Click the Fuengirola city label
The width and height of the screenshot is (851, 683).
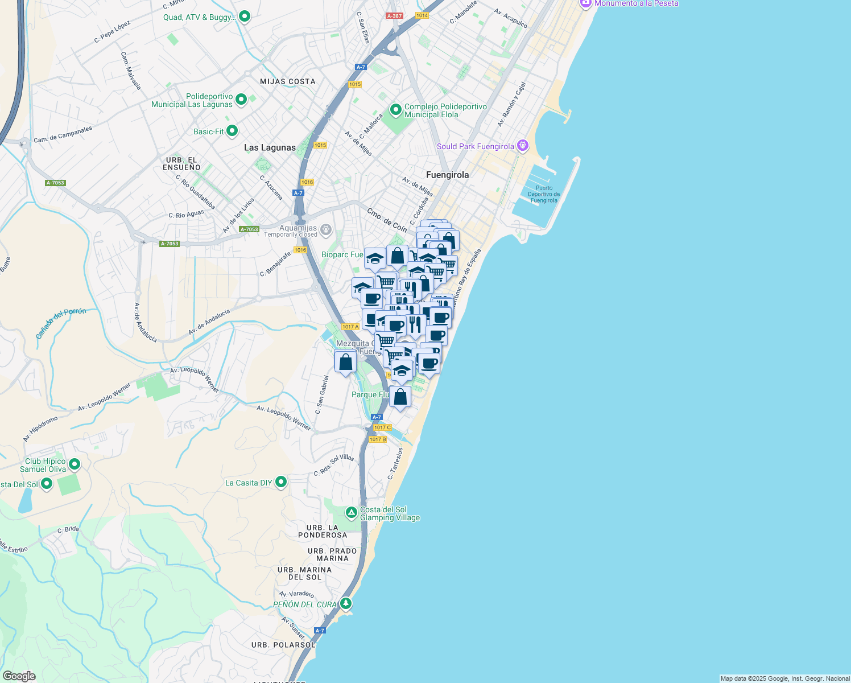(x=448, y=175)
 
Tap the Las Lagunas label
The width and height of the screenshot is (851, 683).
(x=270, y=147)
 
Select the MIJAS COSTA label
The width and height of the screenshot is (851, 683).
(x=287, y=81)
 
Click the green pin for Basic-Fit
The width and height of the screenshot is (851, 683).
(x=232, y=131)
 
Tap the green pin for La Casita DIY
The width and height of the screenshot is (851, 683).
(x=281, y=483)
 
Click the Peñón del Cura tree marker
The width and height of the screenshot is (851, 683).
(x=346, y=603)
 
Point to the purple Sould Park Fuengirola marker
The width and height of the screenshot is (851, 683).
(x=523, y=146)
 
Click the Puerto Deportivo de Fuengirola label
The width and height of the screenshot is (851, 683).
(x=544, y=194)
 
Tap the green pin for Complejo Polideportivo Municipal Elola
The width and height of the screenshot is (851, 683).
(x=395, y=109)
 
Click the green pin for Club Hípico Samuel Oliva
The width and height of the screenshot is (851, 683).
(x=75, y=464)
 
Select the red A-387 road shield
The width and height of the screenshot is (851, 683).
(x=394, y=16)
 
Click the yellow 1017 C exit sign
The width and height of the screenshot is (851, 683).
(x=382, y=427)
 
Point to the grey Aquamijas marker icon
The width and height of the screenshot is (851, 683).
(x=326, y=230)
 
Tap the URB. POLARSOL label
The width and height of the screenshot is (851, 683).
(x=283, y=645)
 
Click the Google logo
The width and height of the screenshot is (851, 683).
(x=19, y=676)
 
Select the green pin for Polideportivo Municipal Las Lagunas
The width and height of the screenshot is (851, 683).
(x=241, y=100)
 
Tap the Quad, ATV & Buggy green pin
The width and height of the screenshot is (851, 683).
(x=245, y=17)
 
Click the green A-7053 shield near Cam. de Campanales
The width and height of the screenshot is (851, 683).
(x=55, y=183)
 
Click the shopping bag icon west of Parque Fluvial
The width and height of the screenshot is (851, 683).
(x=345, y=362)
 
